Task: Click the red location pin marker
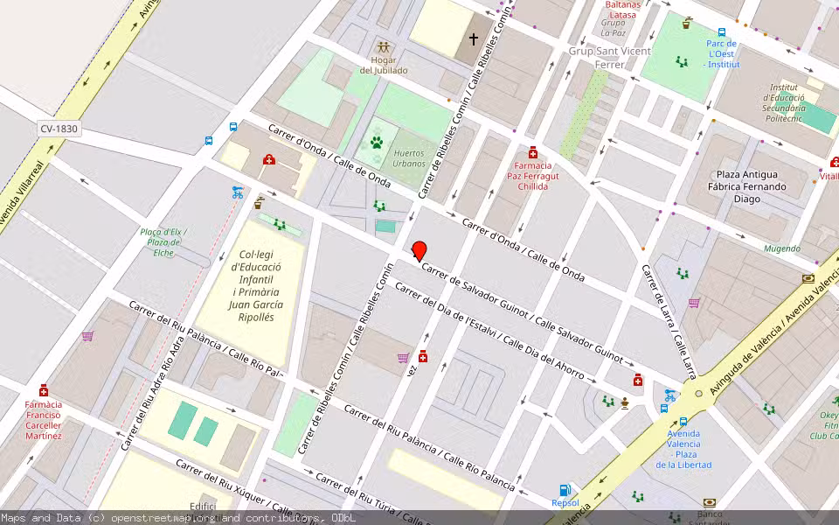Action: [x=419, y=250]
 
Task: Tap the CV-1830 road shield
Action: [x=59, y=129]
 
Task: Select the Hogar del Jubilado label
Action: [x=383, y=64]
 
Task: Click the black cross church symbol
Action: [x=474, y=38]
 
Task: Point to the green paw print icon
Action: [x=377, y=142]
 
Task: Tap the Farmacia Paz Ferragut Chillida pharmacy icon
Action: [x=533, y=152]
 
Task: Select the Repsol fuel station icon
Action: [x=565, y=490]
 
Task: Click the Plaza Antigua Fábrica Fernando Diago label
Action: [x=751, y=186]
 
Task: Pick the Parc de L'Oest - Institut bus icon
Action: [x=723, y=32]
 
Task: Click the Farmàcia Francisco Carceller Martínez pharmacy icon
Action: [x=44, y=390]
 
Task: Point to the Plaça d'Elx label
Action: [x=163, y=241]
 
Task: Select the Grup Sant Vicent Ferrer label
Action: [x=610, y=58]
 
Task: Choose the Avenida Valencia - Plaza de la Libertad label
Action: [x=683, y=449]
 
